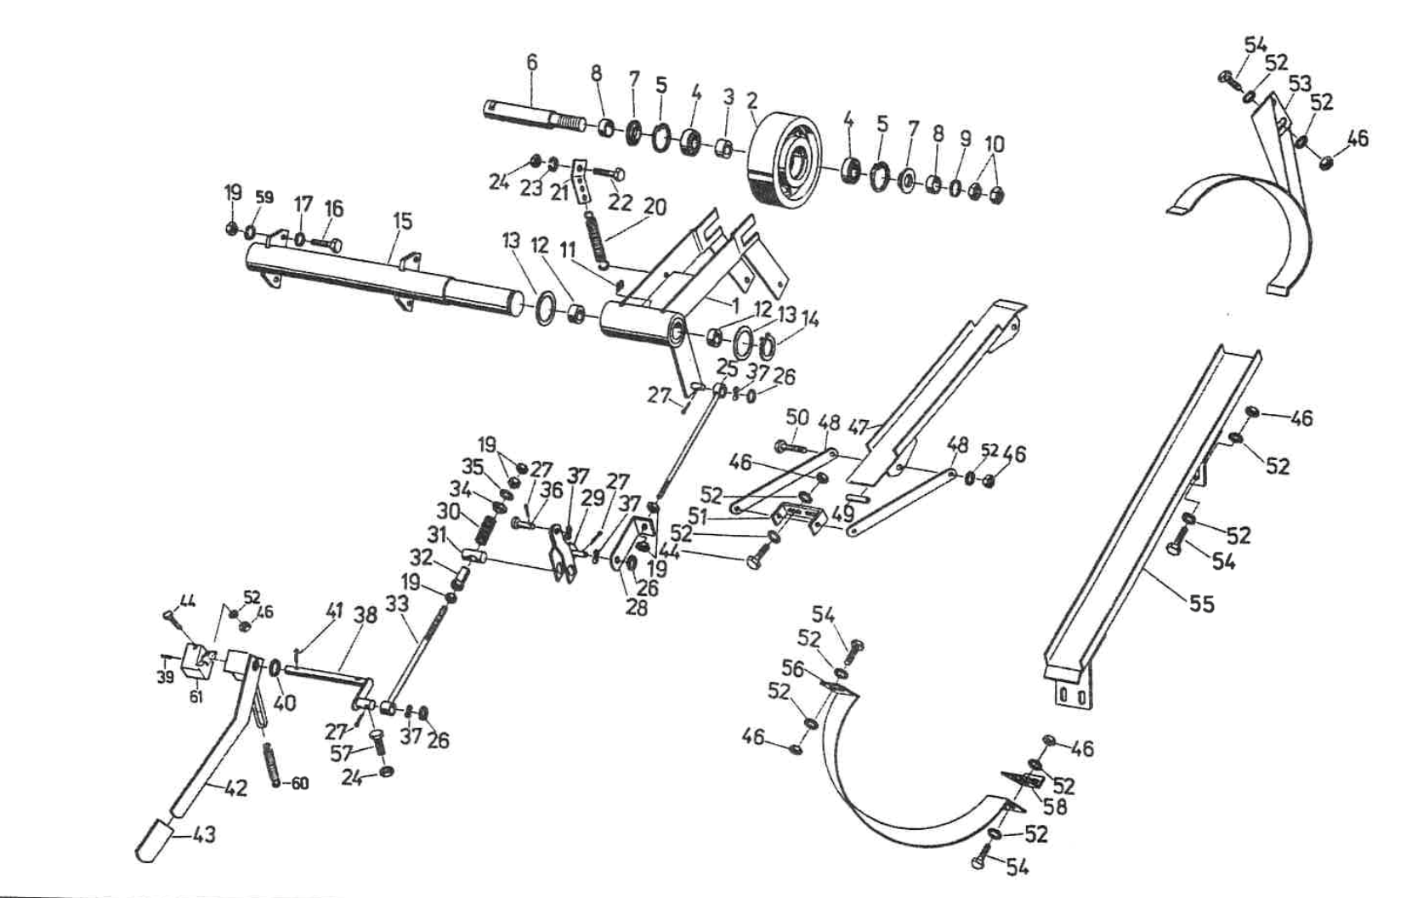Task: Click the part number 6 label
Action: pyautogui.click(x=532, y=62)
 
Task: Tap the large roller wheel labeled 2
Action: pyautogui.click(x=786, y=159)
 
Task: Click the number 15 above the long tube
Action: pyautogui.click(x=402, y=221)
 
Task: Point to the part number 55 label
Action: pyautogui.click(x=1202, y=605)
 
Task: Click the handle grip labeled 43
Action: pyautogui.click(x=155, y=840)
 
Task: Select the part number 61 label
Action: pyautogui.click(x=196, y=697)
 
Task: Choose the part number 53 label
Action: pyautogui.click(x=1298, y=83)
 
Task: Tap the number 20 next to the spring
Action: pyautogui.click(x=655, y=207)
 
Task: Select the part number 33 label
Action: pyautogui.click(x=397, y=604)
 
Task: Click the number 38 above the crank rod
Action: pyautogui.click(x=366, y=614)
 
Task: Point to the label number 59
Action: pyautogui.click(x=264, y=197)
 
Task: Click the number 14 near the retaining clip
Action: pyautogui.click(x=810, y=320)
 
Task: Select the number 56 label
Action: pyautogui.click(x=792, y=668)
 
